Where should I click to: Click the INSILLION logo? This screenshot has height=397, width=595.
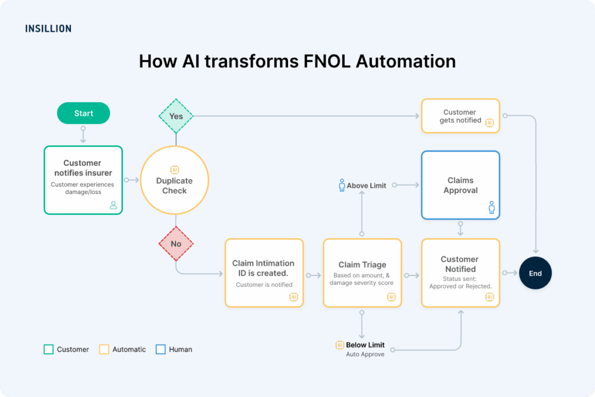tap(48, 28)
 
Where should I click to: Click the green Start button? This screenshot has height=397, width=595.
tap(83, 113)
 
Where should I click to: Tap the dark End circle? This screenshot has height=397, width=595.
tap(535, 273)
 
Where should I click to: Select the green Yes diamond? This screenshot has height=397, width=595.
tap(176, 116)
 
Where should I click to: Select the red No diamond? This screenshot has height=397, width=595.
tap(176, 244)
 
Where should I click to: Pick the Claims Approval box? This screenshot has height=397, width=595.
tap(460, 185)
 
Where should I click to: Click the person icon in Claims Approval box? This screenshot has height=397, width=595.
tap(492, 208)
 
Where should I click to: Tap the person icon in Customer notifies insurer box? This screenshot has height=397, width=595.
tap(113, 205)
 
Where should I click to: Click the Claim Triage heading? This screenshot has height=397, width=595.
tap(362, 264)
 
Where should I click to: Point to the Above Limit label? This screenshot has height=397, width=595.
tap(367, 186)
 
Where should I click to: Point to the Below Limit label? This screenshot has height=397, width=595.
tap(365, 345)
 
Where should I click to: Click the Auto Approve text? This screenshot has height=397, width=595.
tap(365, 354)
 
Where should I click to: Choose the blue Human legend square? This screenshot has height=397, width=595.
tap(161, 349)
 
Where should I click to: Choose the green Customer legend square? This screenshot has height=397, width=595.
tap(49, 349)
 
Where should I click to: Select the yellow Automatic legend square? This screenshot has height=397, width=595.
tap(105, 349)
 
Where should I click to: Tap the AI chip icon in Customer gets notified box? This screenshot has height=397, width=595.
tap(489, 123)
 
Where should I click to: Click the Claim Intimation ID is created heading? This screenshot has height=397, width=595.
tap(263, 268)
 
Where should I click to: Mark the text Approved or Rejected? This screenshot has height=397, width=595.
tap(460, 286)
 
